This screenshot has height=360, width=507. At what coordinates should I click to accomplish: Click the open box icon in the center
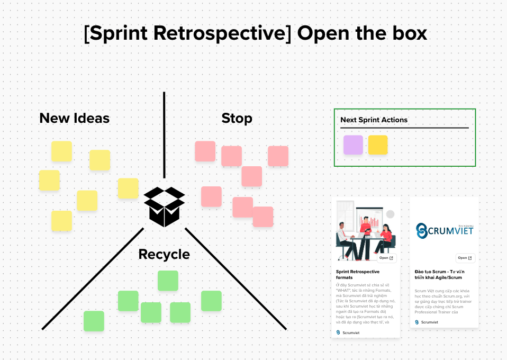164,206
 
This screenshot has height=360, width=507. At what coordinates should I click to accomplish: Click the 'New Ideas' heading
74,118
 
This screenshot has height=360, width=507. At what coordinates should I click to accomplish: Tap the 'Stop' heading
237,118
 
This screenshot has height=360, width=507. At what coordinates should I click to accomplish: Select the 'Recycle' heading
164,254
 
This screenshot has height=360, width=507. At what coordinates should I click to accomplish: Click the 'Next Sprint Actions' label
374,120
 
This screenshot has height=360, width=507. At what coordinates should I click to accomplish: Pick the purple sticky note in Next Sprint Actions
353,145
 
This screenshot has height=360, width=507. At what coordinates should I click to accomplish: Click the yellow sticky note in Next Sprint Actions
378,145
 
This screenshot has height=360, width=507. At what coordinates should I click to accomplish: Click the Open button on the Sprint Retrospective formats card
386,258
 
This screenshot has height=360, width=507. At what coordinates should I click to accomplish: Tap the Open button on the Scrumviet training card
465,258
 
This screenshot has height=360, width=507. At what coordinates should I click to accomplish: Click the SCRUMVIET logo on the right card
444,230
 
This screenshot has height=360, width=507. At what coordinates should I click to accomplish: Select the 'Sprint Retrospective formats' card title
358,274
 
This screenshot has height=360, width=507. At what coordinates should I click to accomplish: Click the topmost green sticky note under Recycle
168,281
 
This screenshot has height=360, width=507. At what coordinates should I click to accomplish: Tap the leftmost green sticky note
94,321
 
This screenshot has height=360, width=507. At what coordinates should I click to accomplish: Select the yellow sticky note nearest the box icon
128,188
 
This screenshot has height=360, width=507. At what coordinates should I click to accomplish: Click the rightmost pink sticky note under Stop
278,156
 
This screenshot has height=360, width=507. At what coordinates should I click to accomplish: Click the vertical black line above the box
164,135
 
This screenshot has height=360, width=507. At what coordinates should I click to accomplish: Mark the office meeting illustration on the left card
365,233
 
